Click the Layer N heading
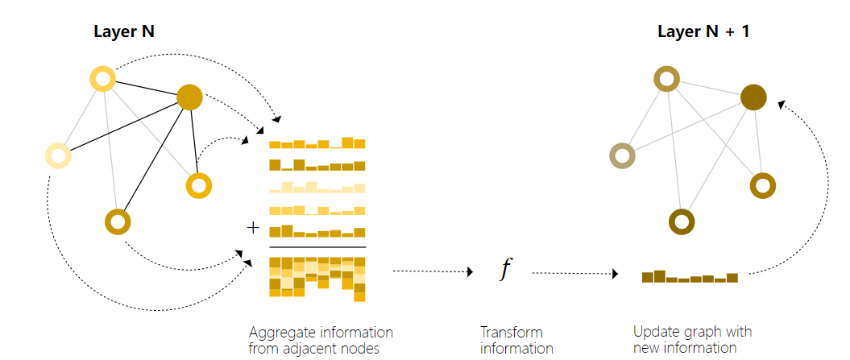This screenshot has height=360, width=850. click(125, 33)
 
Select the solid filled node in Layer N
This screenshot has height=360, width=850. click(189, 97)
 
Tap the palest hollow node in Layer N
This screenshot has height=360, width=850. click(58, 155)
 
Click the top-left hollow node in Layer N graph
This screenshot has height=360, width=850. click(103, 78)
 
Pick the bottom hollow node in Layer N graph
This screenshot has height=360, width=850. click(118, 221)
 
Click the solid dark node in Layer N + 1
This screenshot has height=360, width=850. click(754, 97)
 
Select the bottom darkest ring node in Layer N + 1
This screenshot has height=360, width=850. click(682, 220)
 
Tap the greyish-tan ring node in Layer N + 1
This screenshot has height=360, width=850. click(622, 155)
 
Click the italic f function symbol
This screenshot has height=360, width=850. click(505, 271)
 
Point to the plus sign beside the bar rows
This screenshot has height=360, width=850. click(253, 228)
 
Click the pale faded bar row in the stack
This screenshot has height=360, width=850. click(317, 188)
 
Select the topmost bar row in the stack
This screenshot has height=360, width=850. click(317, 143)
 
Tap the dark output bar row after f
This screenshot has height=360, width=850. click(690, 277)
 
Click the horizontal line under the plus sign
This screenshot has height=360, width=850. click(317, 246)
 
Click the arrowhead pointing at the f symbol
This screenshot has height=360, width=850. click(469, 272)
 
